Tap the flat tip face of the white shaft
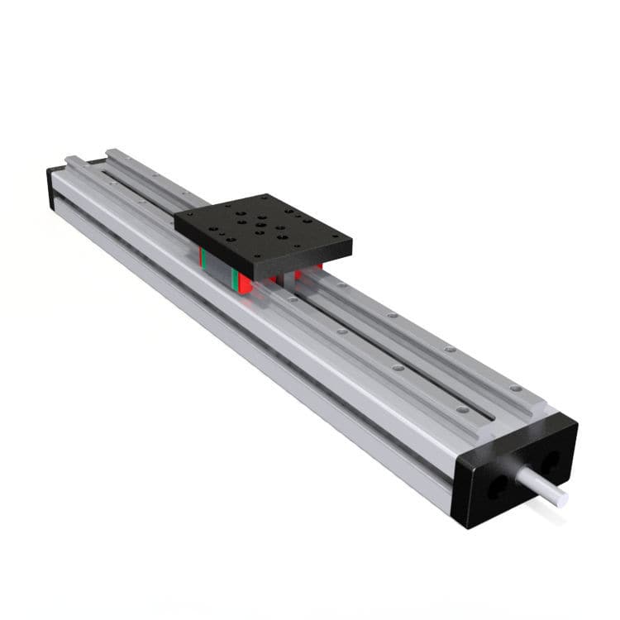pos(563,497)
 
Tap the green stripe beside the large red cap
pos(235,279)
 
